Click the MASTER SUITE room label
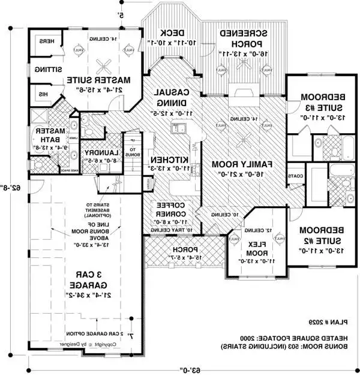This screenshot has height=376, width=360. tap(108, 79)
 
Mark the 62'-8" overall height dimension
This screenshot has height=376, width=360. tap(12, 188)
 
